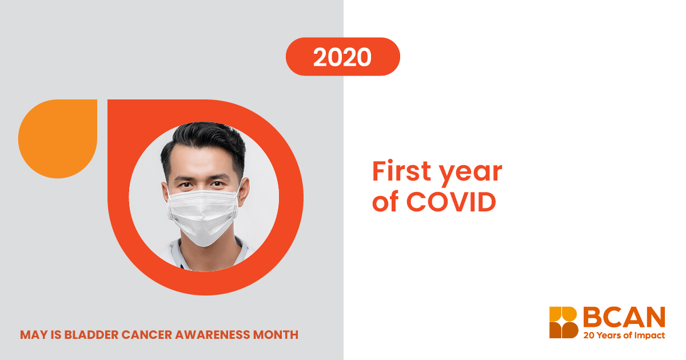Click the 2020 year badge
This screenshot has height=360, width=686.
[342, 57]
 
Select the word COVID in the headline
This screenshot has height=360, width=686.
[451, 201]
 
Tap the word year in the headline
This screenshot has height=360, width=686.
[471, 174]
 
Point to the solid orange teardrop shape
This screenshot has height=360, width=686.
[58, 139]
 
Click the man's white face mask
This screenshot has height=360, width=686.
[203, 216]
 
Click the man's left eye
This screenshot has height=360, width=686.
[217, 184]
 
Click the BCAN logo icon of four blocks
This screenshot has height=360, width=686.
[564, 322]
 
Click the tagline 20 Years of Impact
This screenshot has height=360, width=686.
[624, 335]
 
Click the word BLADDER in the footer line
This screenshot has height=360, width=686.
[91, 335]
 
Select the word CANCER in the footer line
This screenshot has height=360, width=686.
[147, 335]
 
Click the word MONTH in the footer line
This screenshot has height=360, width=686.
[276, 335]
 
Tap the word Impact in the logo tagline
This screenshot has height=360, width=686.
[649, 335]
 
